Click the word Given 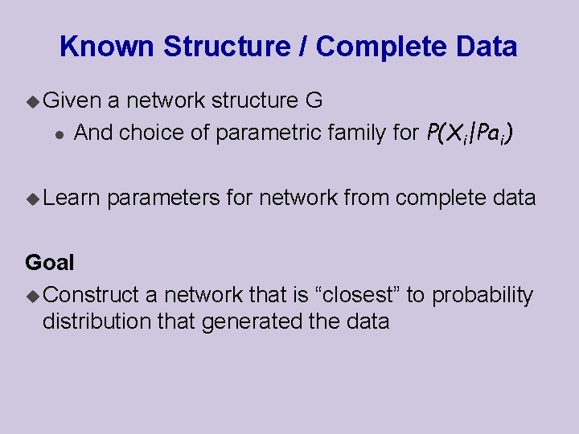pyautogui.click(x=72, y=100)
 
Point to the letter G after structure pyautogui.click(x=314, y=100)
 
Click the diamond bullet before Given pyautogui.click(x=32, y=101)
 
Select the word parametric pyautogui.click(x=260, y=133)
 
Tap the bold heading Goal pyautogui.click(x=50, y=262)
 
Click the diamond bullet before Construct pyautogui.click(x=32, y=297)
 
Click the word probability pyautogui.click(x=482, y=296)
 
